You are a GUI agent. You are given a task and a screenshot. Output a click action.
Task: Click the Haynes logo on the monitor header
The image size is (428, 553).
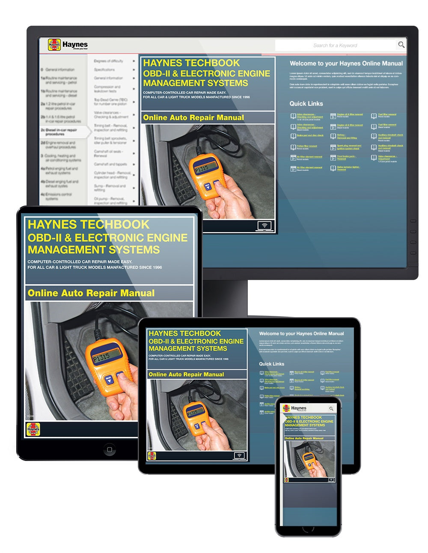(x=68, y=45)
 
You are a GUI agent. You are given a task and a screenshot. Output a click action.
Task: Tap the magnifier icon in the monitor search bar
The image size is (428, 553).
(x=401, y=45)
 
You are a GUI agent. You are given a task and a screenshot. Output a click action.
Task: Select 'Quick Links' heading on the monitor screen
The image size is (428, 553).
(x=306, y=104)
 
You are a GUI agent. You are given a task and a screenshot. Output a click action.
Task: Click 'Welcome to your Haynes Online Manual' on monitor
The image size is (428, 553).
(x=346, y=63)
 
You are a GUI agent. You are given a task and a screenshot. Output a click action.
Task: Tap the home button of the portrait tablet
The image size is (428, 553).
(x=109, y=449)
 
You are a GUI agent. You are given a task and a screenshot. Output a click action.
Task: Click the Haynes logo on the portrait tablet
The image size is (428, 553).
(x=33, y=429)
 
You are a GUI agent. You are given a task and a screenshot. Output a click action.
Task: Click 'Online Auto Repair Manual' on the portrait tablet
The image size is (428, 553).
(x=91, y=293)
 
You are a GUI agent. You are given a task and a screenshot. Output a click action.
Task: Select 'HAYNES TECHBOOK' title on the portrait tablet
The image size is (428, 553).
(x=88, y=225)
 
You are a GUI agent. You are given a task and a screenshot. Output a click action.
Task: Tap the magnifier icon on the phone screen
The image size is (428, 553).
(x=331, y=409)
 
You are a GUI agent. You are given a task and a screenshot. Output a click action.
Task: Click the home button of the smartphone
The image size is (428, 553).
(x=308, y=529)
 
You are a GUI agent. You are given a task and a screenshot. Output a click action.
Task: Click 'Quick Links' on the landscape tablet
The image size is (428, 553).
(x=271, y=364)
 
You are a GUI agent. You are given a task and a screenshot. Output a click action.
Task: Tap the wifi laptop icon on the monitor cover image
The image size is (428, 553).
(x=265, y=226)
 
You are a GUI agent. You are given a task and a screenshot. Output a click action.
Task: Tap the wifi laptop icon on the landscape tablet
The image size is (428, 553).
(x=239, y=455)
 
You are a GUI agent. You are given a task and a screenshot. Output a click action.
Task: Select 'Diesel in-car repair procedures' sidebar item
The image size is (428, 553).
(x=61, y=132)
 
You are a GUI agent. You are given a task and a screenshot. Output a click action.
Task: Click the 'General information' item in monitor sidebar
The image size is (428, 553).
(x=59, y=69)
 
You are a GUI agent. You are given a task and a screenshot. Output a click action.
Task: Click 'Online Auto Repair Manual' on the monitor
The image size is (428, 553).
(x=193, y=118)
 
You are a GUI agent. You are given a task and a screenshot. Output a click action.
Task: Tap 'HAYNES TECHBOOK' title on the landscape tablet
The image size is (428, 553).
(x=184, y=333)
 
